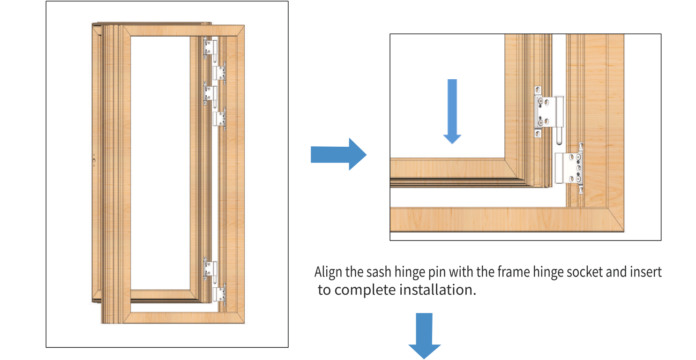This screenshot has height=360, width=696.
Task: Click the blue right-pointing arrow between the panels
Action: [x=338, y=154]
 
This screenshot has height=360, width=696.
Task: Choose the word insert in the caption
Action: [x=645, y=272]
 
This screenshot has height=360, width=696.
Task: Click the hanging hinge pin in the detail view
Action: [x=559, y=136]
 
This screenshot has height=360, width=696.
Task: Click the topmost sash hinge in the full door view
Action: [x=211, y=47]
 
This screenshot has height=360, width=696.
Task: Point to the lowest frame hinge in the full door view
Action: [x=220, y=294]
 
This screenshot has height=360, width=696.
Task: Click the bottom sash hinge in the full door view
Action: [x=211, y=269]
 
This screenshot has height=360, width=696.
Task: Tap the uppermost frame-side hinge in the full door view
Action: [x=220, y=73]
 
